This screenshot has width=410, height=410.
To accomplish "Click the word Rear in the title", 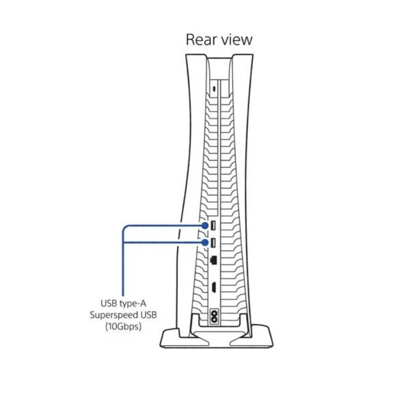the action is coord(202,40).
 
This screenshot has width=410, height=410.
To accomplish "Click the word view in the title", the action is coord(236,40).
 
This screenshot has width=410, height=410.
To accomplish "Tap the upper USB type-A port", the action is coord(213,225).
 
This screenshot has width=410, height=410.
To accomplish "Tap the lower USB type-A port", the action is coord(213,243).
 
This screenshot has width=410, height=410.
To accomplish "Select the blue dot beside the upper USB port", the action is coord(205,225).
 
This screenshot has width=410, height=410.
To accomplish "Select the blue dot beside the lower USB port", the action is coord(205,243).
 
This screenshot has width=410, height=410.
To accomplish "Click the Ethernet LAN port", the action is coord(213,260).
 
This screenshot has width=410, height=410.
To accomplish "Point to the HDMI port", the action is coord(214,288).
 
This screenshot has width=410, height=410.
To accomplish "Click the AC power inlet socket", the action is coord(215,316).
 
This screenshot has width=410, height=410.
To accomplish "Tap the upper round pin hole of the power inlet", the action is coord(215,313).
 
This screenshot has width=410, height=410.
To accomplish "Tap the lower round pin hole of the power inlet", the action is coord(215,320).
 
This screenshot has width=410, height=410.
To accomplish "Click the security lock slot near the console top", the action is coord(215,89).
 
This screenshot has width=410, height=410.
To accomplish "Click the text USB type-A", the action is coord(123,303).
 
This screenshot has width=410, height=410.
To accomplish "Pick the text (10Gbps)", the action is coord(123,327).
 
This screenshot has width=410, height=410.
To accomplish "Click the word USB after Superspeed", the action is coord(148,315).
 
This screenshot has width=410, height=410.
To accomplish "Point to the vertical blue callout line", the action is coord(123,262).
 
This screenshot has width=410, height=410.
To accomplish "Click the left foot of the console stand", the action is coord(183,339).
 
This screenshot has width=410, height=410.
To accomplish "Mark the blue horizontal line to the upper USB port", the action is coord(163,225).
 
